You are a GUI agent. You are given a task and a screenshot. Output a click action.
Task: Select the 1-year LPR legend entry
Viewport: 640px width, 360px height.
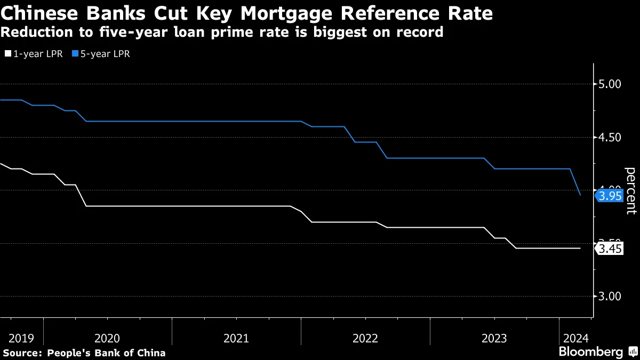pyautogui.click(x=33, y=54)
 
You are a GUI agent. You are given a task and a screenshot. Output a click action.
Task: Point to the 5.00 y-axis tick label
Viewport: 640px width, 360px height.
pyautogui.click(x=610, y=84)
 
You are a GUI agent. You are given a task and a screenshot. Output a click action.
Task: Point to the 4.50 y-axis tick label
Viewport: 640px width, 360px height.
pyautogui.click(x=610, y=138)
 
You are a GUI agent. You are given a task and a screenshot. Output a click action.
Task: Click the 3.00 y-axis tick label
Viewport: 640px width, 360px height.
pyautogui.click(x=610, y=297)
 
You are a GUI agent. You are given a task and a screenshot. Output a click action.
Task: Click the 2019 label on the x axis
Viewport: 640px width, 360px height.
pyautogui.click(x=21, y=338)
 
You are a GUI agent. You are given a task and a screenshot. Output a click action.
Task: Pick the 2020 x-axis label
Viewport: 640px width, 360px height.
pyautogui.click(x=107, y=338)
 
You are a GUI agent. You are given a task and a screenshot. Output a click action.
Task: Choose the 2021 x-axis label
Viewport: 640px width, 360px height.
pyautogui.click(x=236, y=338)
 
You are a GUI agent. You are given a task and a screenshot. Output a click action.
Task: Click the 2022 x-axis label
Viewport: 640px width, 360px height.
pyautogui.click(x=365, y=338)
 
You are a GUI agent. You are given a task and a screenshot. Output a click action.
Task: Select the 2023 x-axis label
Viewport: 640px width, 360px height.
pyautogui.click(x=494, y=338)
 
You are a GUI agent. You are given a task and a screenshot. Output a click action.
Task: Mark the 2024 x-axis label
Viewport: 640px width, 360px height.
pyautogui.click(x=575, y=338)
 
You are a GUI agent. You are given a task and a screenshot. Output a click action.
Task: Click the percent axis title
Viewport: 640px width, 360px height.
pyautogui.click(x=630, y=190)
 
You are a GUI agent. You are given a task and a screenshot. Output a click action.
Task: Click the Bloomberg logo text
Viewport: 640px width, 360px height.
pyautogui.click(x=591, y=352)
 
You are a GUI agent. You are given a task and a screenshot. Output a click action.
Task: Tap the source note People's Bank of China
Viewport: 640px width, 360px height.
pyautogui.click(x=106, y=353)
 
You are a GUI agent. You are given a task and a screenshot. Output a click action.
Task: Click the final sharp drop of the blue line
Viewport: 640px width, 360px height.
pyautogui.click(x=575, y=182)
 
